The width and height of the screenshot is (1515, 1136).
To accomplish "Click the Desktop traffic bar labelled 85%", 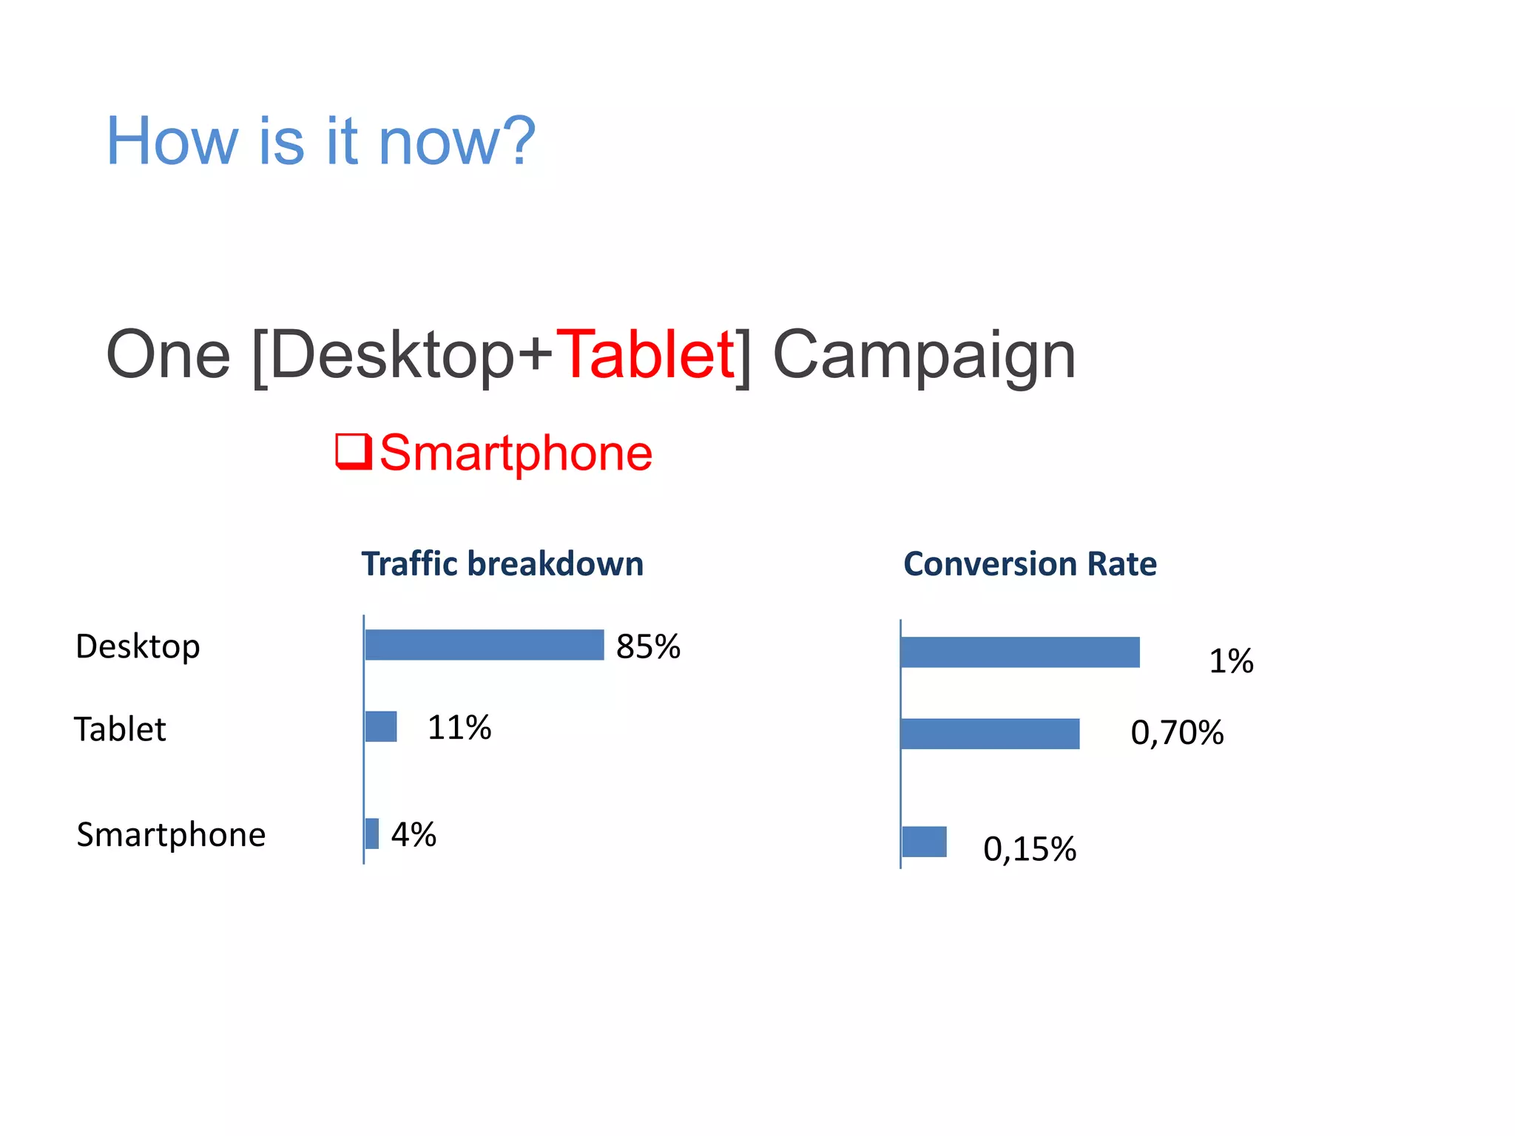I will click(x=485, y=645).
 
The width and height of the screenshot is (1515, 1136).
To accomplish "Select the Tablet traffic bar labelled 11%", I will click(x=381, y=726).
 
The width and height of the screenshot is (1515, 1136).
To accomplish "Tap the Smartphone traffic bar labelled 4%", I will click(x=372, y=834).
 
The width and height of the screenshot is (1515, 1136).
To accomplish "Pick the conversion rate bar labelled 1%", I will click(x=1020, y=652).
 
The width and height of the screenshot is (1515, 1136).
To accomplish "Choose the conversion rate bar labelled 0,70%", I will click(x=990, y=734).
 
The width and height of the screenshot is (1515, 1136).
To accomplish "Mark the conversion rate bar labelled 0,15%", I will click(x=924, y=842).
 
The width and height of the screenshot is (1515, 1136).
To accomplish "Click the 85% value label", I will click(x=648, y=646).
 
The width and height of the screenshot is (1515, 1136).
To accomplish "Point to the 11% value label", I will click(x=459, y=728).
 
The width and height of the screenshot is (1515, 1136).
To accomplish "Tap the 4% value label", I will click(x=414, y=835).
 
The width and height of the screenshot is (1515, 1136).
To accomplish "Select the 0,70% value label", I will click(x=1177, y=733).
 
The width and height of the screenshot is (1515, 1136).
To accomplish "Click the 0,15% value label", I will click(x=1029, y=849).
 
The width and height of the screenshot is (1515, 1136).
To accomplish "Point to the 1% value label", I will click(x=1231, y=660).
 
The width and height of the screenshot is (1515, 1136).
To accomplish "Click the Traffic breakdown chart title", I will click(x=502, y=564).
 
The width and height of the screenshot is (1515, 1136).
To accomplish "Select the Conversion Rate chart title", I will click(x=1030, y=564).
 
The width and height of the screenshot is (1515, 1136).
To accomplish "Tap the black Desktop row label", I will click(x=138, y=646).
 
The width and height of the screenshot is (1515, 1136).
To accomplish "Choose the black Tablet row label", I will click(x=120, y=729).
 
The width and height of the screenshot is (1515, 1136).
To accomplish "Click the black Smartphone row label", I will click(x=171, y=835).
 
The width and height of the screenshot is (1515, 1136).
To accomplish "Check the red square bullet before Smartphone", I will click(x=354, y=451).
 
